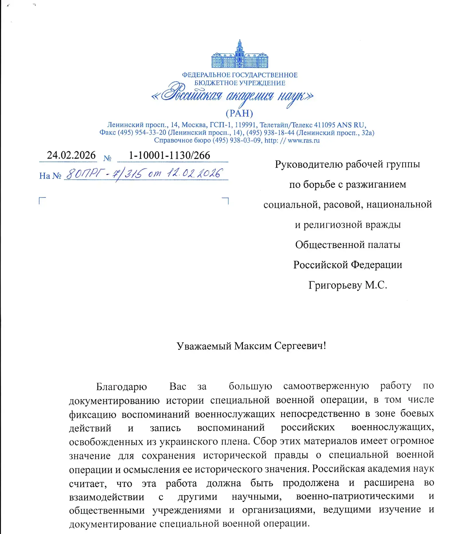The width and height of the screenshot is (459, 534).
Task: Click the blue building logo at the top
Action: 240,55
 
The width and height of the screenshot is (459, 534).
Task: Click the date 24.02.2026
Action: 71,155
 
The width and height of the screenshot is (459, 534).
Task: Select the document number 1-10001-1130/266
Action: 169,155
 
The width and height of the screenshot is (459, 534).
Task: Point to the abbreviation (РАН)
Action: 239,113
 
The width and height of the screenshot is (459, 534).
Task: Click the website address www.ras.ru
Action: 303,140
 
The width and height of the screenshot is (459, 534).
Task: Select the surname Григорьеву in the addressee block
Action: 335,285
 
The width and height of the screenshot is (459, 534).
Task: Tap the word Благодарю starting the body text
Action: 121,387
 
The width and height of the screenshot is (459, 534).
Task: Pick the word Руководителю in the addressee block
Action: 309,164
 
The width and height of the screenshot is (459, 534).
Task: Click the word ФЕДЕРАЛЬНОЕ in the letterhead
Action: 206,75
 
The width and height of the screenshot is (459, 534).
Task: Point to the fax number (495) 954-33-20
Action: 142,133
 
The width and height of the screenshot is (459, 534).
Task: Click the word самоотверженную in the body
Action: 326,386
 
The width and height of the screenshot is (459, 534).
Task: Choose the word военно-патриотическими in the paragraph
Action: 355,496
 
